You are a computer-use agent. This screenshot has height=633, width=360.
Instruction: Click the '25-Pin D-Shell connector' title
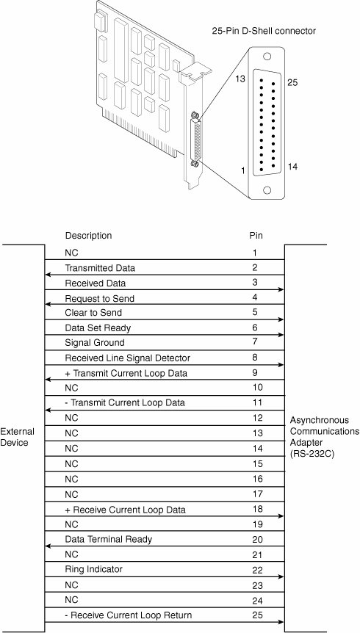click(x=264, y=31)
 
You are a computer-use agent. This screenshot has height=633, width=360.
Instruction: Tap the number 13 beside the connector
click(x=240, y=79)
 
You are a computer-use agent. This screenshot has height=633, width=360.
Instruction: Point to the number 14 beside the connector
click(x=292, y=166)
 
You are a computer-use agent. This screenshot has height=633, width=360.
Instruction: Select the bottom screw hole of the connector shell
click(x=267, y=190)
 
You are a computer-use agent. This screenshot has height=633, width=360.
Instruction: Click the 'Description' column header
click(x=88, y=236)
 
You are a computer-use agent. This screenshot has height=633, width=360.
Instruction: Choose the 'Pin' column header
click(x=256, y=236)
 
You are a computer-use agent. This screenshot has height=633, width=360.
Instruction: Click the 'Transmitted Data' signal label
click(x=100, y=268)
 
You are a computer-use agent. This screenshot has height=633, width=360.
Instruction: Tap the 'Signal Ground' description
click(x=95, y=343)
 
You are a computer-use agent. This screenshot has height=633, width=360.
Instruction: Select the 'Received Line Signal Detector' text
click(x=127, y=358)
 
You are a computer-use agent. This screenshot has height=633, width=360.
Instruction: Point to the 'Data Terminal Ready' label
click(x=108, y=539)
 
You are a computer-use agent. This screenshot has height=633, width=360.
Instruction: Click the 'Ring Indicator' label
click(x=93, y=569)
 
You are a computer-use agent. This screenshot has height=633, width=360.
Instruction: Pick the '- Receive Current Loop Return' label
click(x=128, y=615)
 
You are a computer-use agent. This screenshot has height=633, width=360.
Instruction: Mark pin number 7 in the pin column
click(x=254, y=342)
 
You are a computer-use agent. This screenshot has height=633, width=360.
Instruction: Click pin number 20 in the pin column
click(x=257, y=539)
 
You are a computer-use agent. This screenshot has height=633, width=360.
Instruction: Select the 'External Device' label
click(x=17, y=437)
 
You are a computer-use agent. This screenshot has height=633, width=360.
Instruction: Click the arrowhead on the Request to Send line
click(x=47, y=305)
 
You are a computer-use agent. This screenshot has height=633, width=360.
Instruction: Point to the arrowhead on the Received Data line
click(x=282, y=290)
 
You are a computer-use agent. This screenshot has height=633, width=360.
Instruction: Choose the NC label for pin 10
click(x=71, y=388)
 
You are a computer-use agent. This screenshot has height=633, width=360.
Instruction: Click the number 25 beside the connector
click(x=292, y=83)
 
